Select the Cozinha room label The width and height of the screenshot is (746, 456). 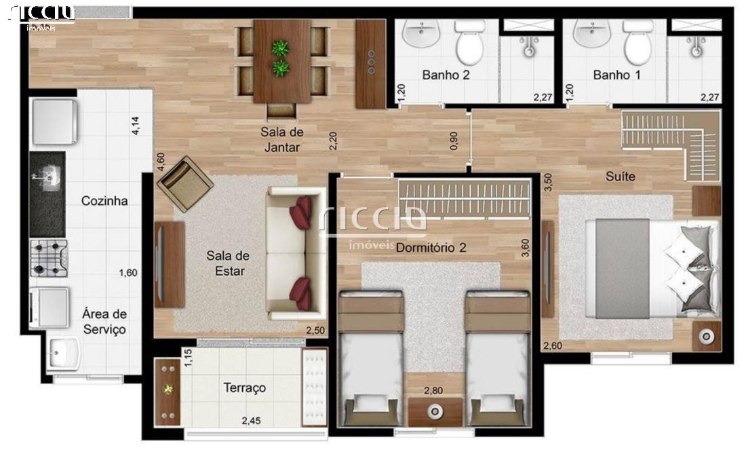point(104,201)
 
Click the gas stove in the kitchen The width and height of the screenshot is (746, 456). point(49,258)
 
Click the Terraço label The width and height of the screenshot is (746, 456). point(245,388)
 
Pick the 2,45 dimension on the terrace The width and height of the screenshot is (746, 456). point(251,421)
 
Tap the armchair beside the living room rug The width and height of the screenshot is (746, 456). point(185,184)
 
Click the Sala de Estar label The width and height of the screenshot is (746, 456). point(228,263)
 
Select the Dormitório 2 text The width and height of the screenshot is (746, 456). point(431,248)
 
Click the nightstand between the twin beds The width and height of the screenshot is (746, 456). point(435,412)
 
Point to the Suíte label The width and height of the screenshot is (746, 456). point(621,176)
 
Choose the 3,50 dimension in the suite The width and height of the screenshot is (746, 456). point(548,183)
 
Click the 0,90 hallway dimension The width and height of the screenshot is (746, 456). point(454,141)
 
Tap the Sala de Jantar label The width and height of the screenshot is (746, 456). point(282,140)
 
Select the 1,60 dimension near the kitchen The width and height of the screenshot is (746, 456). point(128,273)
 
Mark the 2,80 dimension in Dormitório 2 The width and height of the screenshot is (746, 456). point(433,391)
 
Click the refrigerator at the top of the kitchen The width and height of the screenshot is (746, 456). point(54,122)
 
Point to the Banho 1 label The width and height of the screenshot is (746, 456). point(616,75)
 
